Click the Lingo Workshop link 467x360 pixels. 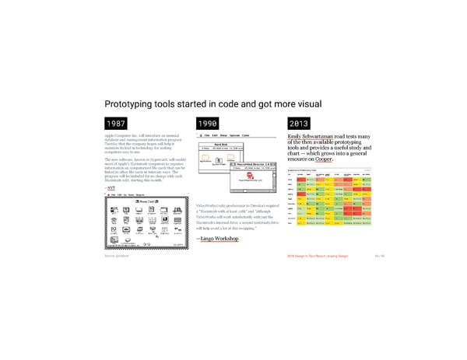218,239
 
